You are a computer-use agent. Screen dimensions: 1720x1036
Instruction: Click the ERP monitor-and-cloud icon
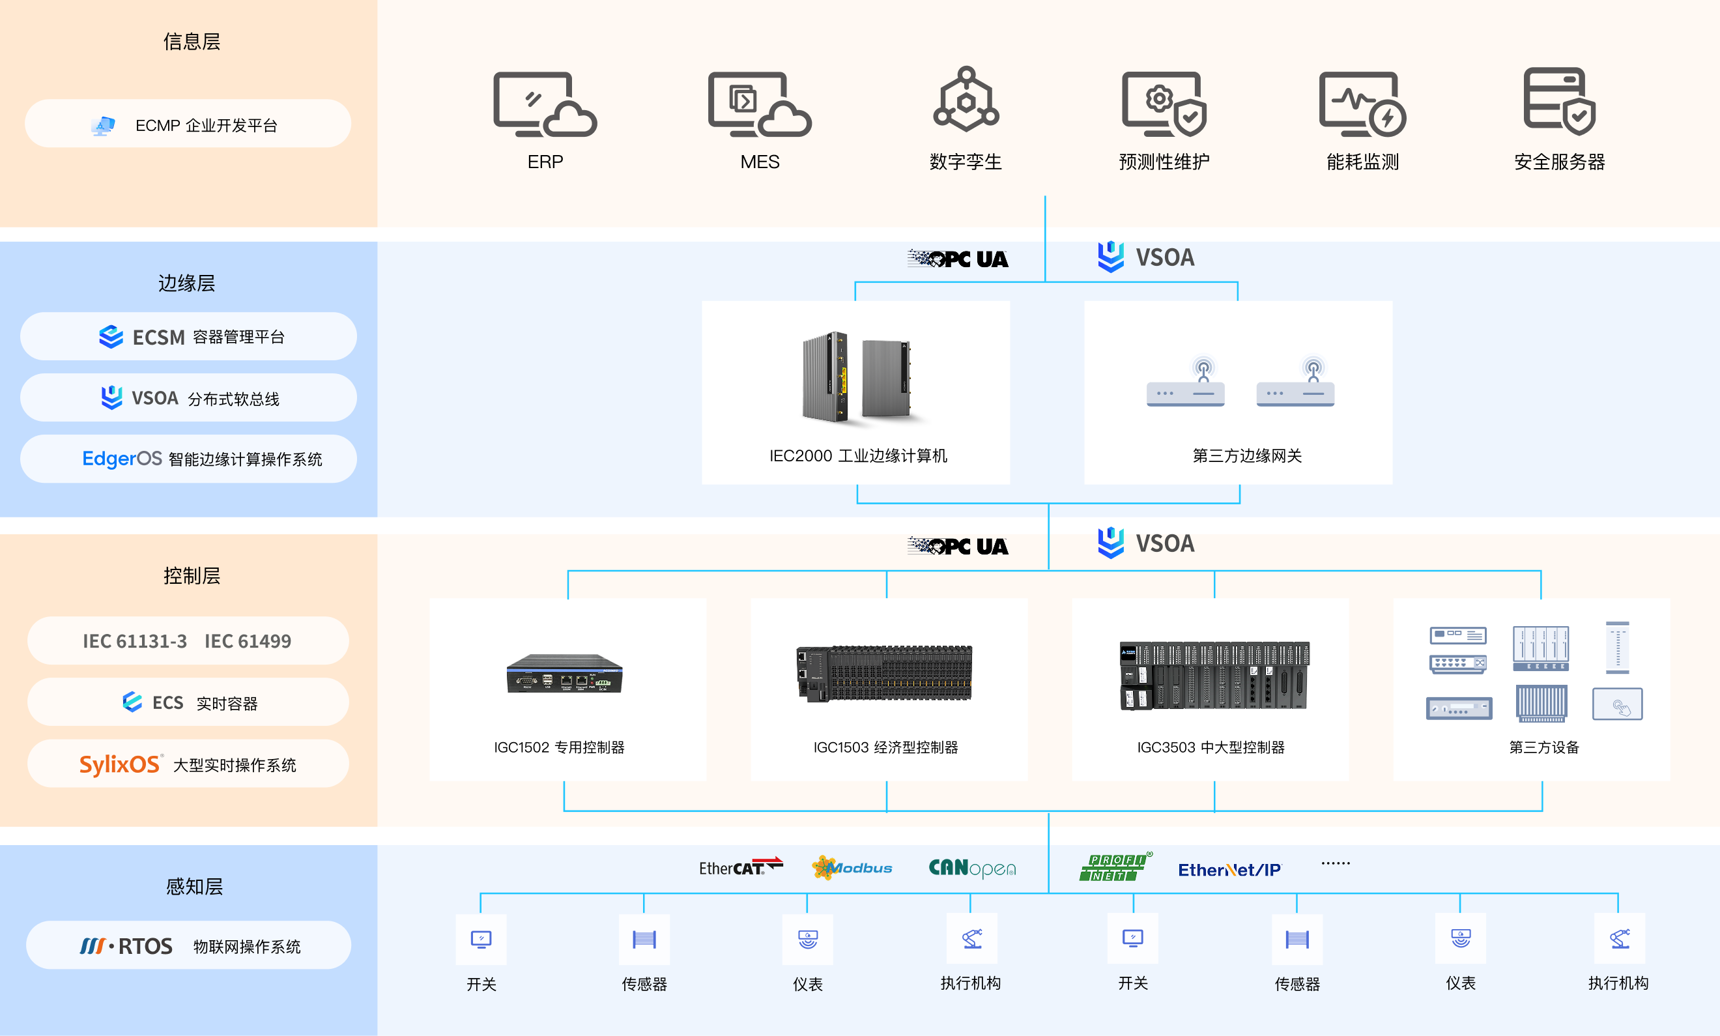pyautogui.click(x=545, y=104)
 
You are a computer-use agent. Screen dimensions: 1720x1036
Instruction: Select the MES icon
pyautogui.click(x=760, y=104)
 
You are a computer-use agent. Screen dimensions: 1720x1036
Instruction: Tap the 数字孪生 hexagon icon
pyautogui.click(x=966, y=99)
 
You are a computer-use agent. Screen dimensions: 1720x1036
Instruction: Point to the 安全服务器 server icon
pyautogui.click(x=1560, y=101)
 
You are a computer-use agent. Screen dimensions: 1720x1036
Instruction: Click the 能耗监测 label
pyautogui.click(x=1362, y=162)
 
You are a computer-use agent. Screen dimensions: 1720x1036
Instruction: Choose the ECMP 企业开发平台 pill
pyautogui.click(x=188, y=124)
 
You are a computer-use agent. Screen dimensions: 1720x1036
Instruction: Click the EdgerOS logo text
pyautogui.click(x=122, y=459)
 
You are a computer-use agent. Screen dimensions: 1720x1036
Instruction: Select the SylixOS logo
pyautogui.click(x=121, y=764)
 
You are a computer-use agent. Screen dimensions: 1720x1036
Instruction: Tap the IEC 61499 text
pyautogui.click(x=248, y=641)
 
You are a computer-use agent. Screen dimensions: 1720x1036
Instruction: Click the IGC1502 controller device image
pyautogui.click(x=564, y=673)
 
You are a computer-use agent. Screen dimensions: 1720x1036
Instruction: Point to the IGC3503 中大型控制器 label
pyautogui.click(x=1211, y=747)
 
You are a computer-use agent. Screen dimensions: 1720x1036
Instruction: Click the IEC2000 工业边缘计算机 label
pyautogui.click(x=858, y=456)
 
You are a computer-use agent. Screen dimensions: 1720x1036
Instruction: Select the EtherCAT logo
pyautogui.click(x=741, y=867)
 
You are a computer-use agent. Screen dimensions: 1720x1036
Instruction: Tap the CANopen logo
pyautogui.click(x=972, y=868)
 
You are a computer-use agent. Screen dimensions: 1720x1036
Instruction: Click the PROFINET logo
pyautogui.click(x=1115, y=867)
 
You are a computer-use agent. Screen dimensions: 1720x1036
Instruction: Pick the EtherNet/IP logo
pyautogui.click(x=1229, y=870)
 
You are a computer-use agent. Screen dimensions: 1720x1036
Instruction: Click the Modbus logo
pyautogui.click(x=852, y=868)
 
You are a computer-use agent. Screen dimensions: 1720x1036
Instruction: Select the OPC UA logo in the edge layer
pyautogui.click(x=958, y=259)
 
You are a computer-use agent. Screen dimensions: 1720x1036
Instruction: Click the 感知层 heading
pyautogui.click(x=194, y=887)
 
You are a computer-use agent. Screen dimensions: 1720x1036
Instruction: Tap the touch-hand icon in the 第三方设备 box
pyautogui.click(x=1617, y=704)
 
